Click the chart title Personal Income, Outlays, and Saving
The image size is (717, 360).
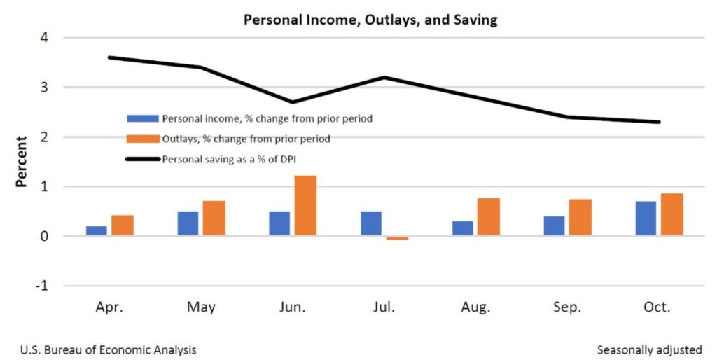tap(370, 20)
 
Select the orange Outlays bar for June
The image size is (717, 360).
tap(305, 206)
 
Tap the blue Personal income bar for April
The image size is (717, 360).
tap(97, 231)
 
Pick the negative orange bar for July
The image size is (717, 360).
tap(396, 238)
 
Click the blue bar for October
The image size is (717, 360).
tap(646, 219)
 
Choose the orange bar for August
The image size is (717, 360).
tap(489, 217)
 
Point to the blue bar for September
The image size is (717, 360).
tap(554, 226)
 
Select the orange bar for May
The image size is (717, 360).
tap(214, 219)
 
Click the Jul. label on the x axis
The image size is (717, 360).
tap(384, 307)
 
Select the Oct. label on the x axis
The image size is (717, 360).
tap(657, 307)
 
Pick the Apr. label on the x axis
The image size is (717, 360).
tap(109, 307)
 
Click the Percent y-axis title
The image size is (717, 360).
tap(22, 162)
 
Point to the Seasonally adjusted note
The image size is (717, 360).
tap(649, 349)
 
